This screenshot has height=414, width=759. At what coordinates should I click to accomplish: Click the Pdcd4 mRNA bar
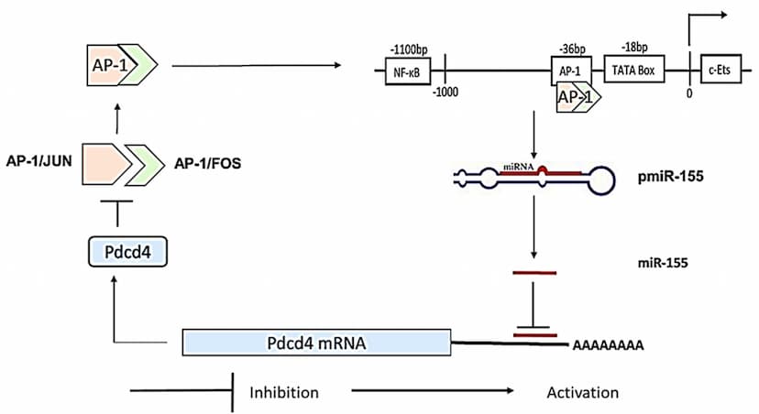pos(316,343)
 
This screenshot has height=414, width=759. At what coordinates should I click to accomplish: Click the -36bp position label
pos(572,46)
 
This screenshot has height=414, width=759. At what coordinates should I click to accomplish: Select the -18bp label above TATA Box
pos(634,46)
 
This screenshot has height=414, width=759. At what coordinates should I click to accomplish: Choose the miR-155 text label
pos(662,262)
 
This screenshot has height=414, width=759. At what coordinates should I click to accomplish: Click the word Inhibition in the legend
pos(284,393)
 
